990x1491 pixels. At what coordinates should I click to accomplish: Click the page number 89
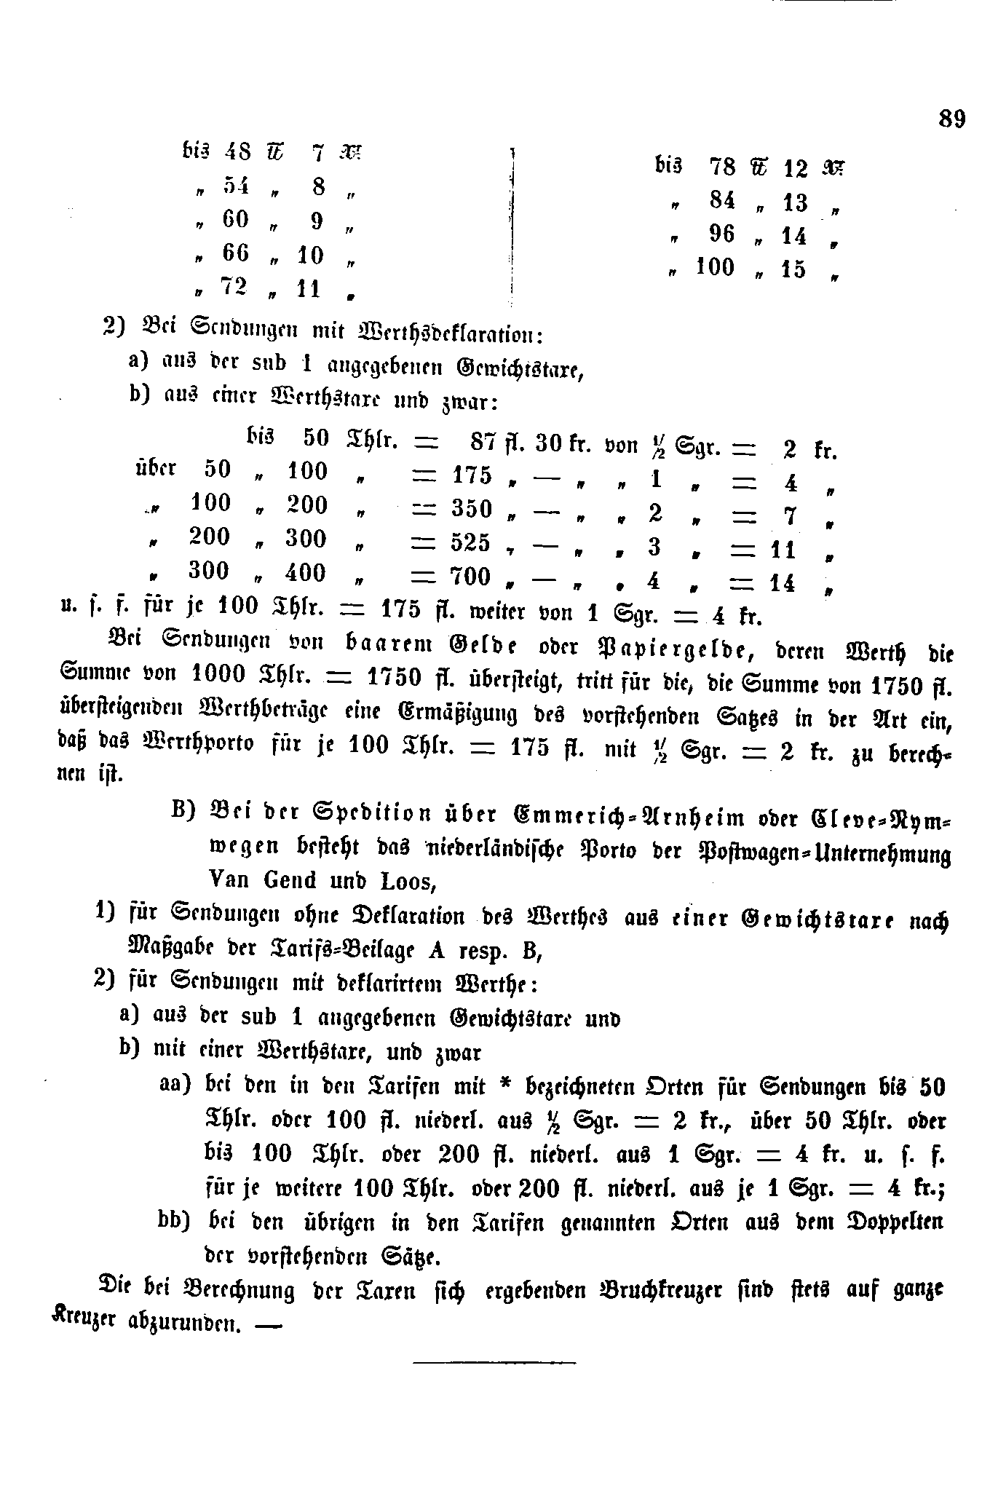951,118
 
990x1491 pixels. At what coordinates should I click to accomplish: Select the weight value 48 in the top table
237,151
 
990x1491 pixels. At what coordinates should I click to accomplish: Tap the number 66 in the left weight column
236,252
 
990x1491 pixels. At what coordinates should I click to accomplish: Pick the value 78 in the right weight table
722,167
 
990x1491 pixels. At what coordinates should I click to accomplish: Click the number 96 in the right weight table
721,234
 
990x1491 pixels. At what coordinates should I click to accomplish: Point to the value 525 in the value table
471,542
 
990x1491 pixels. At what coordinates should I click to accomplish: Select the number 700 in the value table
471,577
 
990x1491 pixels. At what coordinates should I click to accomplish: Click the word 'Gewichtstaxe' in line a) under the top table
519,369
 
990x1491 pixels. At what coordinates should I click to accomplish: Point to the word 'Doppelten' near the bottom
893,1221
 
